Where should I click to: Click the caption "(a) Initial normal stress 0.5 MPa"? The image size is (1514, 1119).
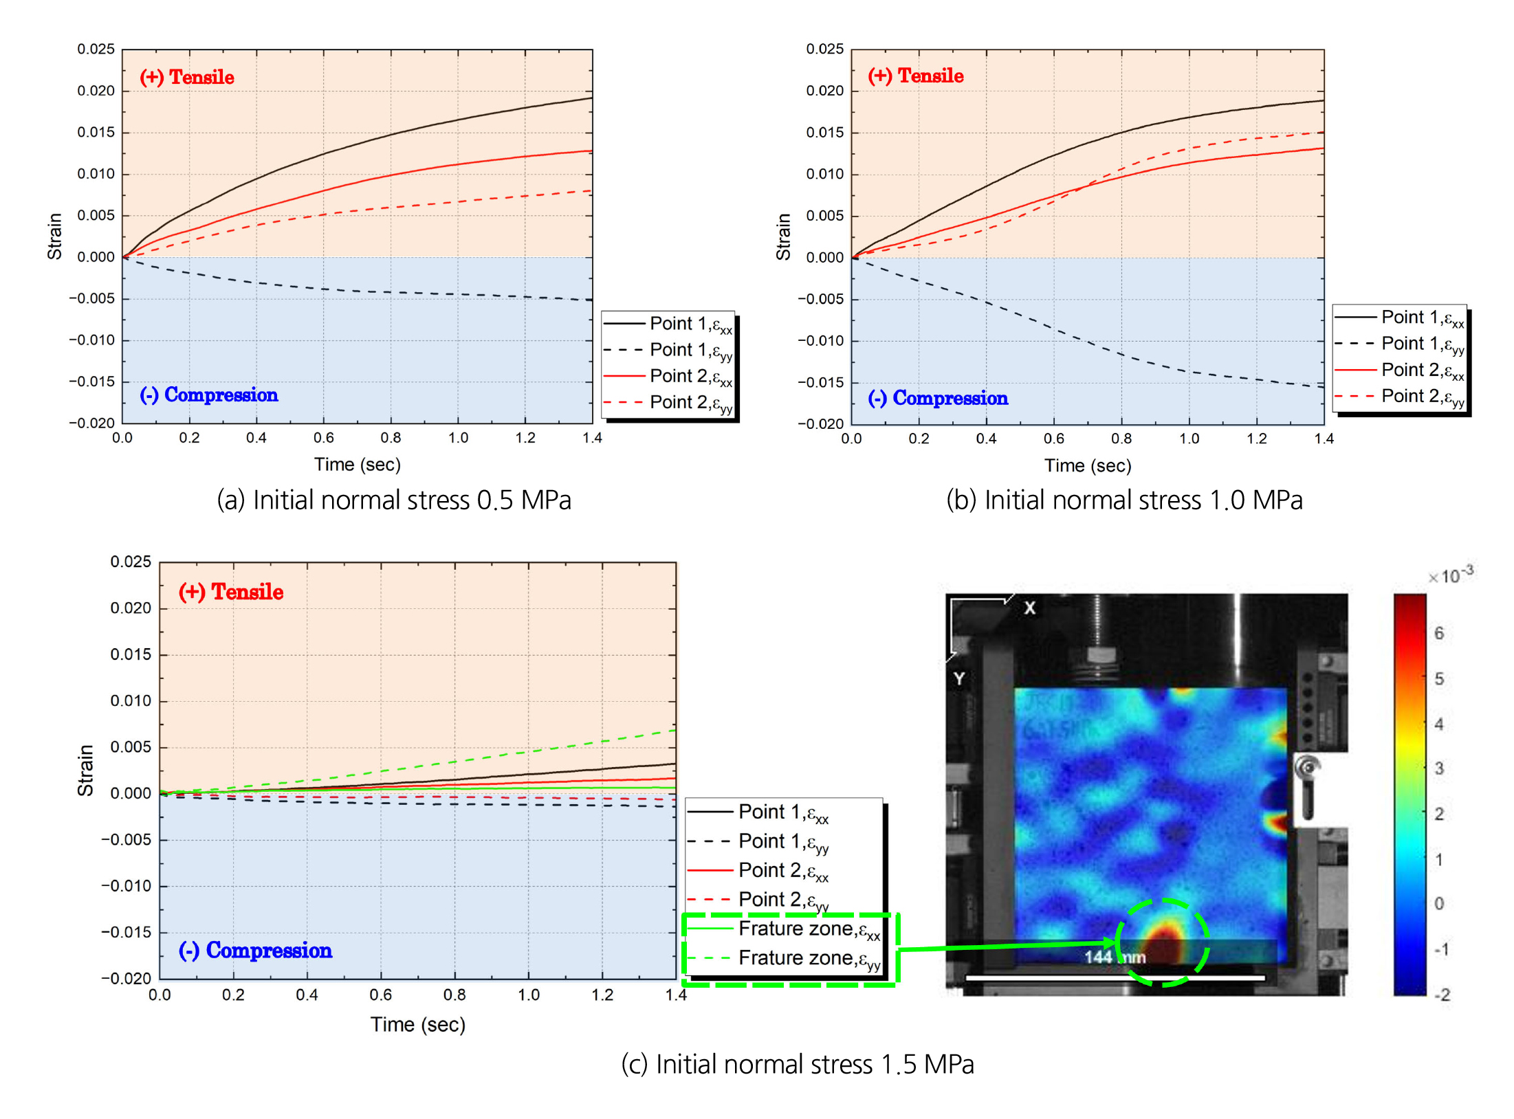coord(394,500)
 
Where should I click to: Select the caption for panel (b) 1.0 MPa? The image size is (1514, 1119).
coord(1124,500)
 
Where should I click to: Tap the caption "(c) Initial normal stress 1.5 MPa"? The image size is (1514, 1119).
coord(798,1064)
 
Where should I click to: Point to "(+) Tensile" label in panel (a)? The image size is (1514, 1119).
coord(187,77)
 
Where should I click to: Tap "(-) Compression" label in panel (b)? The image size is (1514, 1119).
coord(938,398)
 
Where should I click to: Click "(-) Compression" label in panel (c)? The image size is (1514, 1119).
coord(255,950)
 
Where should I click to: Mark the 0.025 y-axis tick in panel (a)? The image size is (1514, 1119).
coord(96,49)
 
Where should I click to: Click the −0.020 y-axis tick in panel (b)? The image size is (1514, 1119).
coord(820,423)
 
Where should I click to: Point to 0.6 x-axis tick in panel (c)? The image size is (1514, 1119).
coord(380,995)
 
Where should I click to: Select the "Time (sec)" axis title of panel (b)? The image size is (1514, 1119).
coord(1088,465)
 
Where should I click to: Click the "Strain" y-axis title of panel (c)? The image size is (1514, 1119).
coord(85,771)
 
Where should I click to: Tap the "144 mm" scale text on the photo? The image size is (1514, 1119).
coord(1115,957)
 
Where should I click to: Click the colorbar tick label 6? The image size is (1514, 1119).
coord(1439,633)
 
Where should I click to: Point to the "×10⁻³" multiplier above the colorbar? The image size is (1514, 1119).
coord(1451,575)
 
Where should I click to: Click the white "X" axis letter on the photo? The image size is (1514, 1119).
coord(1029,608)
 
